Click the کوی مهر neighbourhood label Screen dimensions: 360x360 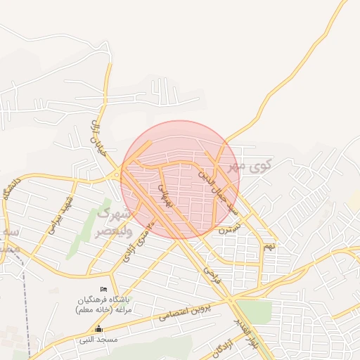[249, 167]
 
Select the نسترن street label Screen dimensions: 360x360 [229, 228]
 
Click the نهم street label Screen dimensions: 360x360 [269, 246]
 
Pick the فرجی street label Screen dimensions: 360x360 [212, 274]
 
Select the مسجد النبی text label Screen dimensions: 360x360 [98, 339]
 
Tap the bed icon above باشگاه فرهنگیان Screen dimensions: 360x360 [104, 290]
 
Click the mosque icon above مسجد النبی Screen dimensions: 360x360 [98, 328]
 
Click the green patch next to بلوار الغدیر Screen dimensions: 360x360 [255, 311]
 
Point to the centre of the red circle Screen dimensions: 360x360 [180, 180]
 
